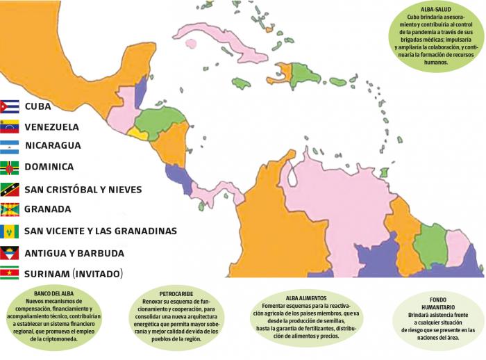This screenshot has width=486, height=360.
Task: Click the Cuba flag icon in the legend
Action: point(9,106)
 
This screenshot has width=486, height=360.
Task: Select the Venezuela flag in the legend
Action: point(9,127)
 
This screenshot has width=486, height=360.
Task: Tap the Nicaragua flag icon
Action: point(9,146)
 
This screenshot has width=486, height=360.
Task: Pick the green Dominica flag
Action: point(9,167)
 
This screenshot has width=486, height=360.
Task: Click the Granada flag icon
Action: point(9,209)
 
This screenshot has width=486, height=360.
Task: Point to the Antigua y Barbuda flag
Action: point(9,252)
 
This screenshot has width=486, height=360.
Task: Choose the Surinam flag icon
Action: point(9,273)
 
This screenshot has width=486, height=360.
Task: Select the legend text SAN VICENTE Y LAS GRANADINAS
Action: point(100,231)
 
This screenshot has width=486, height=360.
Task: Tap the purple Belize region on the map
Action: point(140,92)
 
